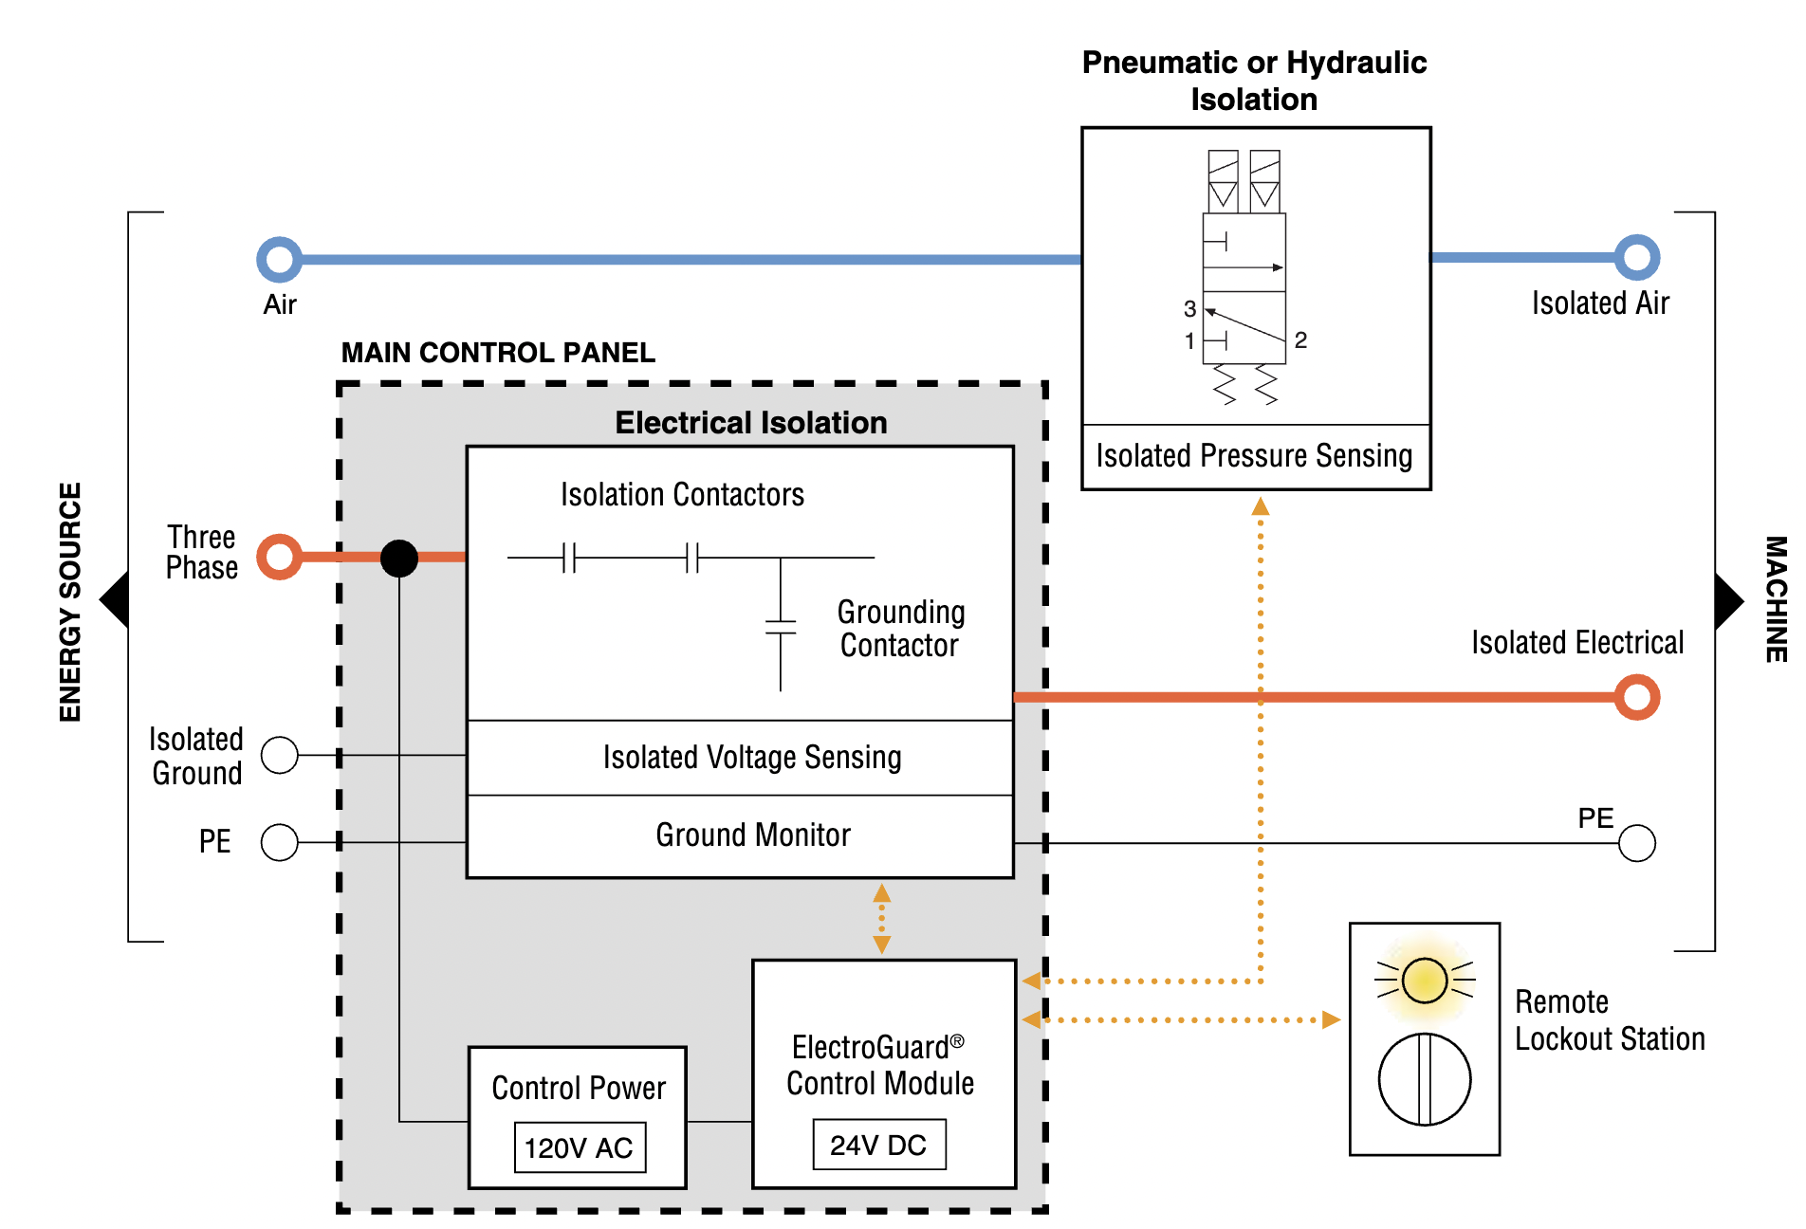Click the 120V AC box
pos(580,1147)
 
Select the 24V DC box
pos(878,1145)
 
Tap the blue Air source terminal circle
pos(280,259)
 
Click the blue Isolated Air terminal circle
pos(1636,257)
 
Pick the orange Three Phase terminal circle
pos(280,557)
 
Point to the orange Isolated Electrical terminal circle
pos(1636,697)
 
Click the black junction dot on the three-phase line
pos(399,558)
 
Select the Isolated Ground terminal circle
pos(280,755)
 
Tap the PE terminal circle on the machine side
pos(1636,842)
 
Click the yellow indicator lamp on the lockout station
pos(1424,980)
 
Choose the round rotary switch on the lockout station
pos(1424,1079)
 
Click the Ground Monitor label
pos(753,835)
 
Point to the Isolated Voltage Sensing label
pos(752,757)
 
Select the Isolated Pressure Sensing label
pos(1254,455)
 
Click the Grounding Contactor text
pos(900,629)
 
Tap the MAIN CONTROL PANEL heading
pos(498,353)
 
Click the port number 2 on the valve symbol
pos(1300,339)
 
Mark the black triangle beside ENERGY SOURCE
pos(116,599)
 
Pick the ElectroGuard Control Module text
pos(880,1065)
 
